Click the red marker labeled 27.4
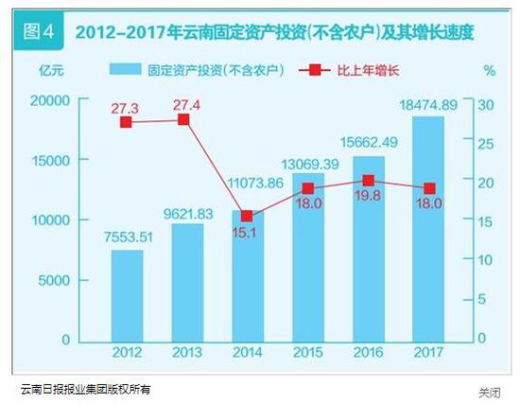pos(184,119)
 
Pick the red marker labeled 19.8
pos(369,180)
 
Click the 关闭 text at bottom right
pos(489,392)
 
